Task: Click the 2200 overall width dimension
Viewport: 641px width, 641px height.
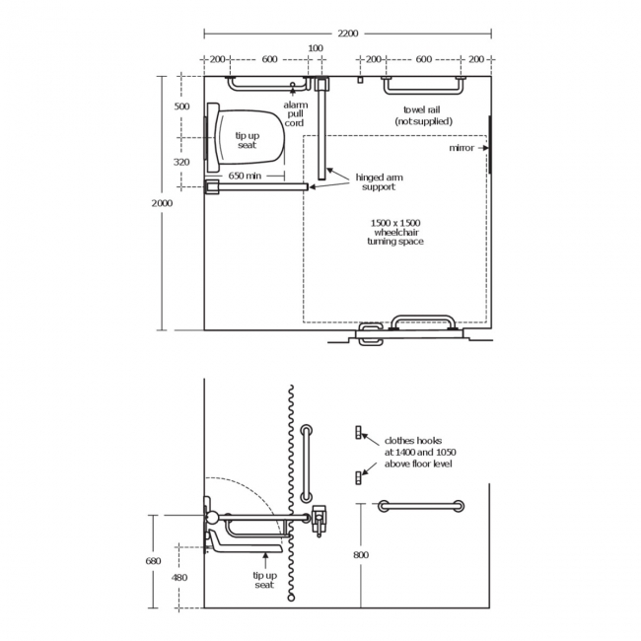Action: pos(348,33)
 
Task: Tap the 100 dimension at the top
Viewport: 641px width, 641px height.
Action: pos(316,47)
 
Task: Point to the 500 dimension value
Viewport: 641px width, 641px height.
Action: pos(181,106)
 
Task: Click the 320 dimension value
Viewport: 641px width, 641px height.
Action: pos(181,162)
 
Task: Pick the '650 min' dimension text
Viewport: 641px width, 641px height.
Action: pos(245,176)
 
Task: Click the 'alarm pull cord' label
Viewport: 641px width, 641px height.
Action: pos(295,113)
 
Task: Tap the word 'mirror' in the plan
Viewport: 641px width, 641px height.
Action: pos(461,148)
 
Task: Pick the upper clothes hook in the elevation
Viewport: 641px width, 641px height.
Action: pos(361,433)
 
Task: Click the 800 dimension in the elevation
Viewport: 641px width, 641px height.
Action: pos(361,555)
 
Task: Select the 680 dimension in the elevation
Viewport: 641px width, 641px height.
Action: pos(153,561)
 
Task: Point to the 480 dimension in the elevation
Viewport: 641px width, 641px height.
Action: pos(179,577)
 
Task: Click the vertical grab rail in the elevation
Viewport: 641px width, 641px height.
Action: pos(306,463)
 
